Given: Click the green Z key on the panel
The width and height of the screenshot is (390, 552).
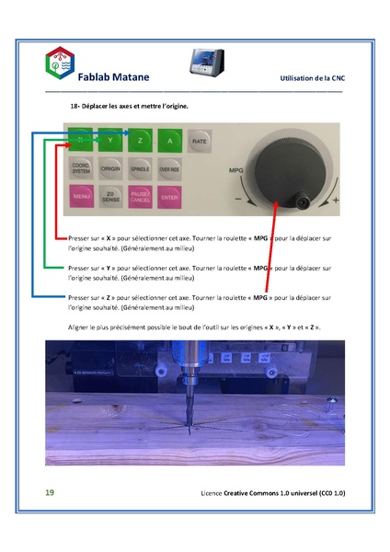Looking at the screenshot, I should tap(140, 141).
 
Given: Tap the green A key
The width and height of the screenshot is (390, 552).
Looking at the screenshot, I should tap(169, 141).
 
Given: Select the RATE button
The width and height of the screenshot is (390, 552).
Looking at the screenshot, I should tap(198, 141).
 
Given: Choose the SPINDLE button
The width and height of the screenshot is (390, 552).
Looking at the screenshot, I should tap(140, 169).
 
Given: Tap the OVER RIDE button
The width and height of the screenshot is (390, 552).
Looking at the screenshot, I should tap(169, 169).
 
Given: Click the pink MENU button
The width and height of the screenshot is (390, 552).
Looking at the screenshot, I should tap(80, 197).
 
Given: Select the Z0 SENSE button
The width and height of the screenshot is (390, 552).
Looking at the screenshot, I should tap(109, 197).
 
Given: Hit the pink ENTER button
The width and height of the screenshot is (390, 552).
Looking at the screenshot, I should tap(169, 197).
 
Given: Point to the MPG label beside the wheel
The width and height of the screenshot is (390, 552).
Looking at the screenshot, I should tap(236, 171).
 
